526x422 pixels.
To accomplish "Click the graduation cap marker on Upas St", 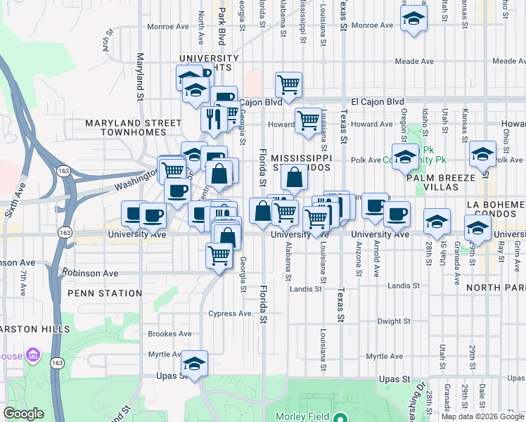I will point(193,364).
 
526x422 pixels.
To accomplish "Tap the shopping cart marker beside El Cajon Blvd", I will point(288,85).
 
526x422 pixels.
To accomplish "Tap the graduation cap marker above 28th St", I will point(437,221).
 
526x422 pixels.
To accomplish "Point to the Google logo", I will point(23,413).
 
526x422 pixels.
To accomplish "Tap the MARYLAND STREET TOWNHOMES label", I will point(133,127).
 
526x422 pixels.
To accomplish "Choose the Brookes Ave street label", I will point(169,334).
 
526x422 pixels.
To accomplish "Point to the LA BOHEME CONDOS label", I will point(495,208).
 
